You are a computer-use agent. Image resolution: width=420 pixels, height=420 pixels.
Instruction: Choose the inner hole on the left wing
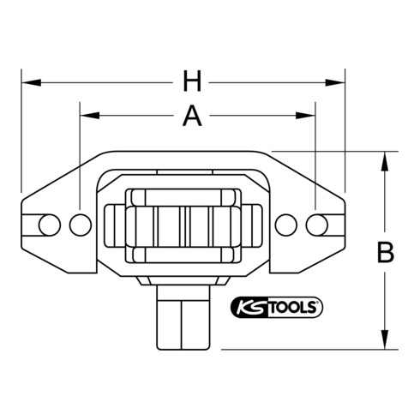coord(80,224)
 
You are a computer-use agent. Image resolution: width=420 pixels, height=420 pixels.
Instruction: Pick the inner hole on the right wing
coord(289,224)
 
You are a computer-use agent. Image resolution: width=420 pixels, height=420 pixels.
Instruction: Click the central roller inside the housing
coord(183,224)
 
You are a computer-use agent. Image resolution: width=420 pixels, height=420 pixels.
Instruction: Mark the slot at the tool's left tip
coord(32,224)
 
